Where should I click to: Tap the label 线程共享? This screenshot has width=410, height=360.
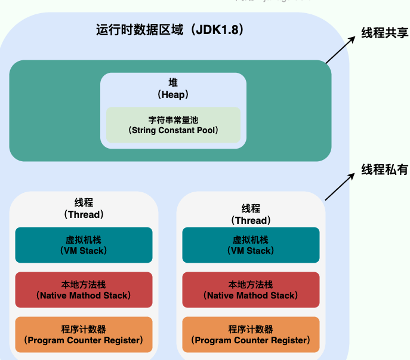point(384,33)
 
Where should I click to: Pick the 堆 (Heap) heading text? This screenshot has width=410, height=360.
point(173,88)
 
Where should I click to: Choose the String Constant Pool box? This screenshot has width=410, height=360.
point(173,124)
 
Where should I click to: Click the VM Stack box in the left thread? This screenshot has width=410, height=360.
point(84,245)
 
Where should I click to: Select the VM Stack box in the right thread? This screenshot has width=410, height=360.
point(251,245)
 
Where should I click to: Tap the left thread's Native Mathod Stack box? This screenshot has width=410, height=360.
point(84,290)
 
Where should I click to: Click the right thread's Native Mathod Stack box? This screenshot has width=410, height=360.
point(251,290)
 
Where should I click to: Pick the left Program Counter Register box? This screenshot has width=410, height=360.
point(84,334)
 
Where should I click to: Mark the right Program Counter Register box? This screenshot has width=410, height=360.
point(251,334)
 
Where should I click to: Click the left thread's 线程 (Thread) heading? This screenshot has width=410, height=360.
point(84,208)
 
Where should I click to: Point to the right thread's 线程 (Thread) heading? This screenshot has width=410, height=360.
point(251,214)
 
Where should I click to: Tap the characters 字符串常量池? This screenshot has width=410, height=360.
point(173,119)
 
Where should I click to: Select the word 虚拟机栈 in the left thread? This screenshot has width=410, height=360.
point(84,240)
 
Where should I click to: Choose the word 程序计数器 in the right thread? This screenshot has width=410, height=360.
point(251,330)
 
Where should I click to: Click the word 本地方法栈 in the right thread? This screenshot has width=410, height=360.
point(251,285)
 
